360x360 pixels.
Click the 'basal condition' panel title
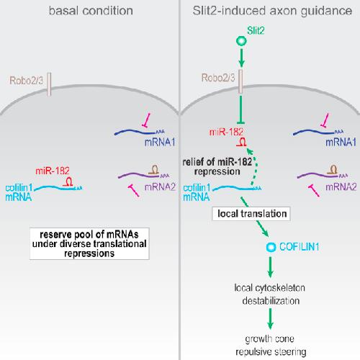tap(91, 11)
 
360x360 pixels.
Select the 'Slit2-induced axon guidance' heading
tap(272, 11)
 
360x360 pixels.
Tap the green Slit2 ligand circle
tap(241, 41)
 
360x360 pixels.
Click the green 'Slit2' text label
tap(256, 31)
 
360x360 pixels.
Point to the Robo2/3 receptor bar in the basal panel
tap(49, 84)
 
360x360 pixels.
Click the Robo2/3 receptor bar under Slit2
tap(240, 81)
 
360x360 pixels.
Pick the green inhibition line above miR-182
tap(240, 110)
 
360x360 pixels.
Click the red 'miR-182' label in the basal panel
tap(53, 171)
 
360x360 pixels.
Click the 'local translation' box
tap(251, 214)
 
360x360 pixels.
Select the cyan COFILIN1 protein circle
tap(271, 247)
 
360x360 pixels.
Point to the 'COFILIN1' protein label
tap(300, 247)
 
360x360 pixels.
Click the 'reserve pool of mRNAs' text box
tap(89, 243)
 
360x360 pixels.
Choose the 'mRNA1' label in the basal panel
tap(160, 143)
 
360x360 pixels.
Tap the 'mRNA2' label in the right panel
tap(341, 186)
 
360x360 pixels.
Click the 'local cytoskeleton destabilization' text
tap(270, 294)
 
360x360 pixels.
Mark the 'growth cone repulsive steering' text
tap(271, 346)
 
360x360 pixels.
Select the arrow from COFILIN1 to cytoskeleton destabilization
tap(271, 267)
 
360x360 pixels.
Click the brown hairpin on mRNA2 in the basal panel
tap(154, 169)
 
